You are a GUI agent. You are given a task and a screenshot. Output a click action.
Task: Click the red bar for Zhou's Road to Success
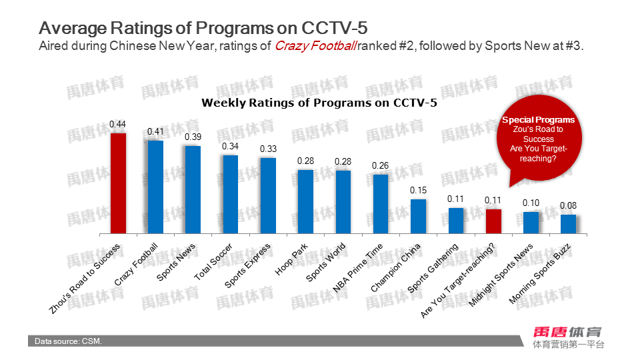(118, 183)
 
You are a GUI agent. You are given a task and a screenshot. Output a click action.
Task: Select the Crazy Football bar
(155, 187)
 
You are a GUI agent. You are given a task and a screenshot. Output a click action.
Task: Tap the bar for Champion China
(418, 216)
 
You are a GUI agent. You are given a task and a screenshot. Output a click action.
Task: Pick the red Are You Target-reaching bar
(493, 221)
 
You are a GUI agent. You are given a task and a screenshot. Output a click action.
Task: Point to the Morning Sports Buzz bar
(568, 224)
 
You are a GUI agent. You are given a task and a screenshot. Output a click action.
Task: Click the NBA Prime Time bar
(381, 203)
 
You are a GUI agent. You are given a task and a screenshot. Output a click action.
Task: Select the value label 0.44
(118, 124)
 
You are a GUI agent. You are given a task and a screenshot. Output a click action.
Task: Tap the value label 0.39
(193, 137)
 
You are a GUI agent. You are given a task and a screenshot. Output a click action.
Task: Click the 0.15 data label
(418, 190)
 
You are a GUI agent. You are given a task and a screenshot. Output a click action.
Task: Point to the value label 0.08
(568, 205)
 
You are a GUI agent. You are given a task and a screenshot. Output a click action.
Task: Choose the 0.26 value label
(381, 165)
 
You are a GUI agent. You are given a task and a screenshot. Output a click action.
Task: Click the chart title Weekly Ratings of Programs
(319, 103)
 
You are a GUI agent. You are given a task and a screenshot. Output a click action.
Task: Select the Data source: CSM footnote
(69, 341)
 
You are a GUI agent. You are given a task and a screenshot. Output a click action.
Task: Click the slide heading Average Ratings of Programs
(203, 29)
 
